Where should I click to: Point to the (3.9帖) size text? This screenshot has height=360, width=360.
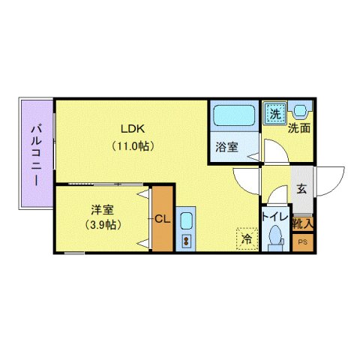(x=102, y=225)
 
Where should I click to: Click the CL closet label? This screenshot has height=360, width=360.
(x=163, y=218)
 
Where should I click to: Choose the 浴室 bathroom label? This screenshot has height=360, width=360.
(x=226, y=148)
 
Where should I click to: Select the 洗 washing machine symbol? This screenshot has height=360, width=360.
(x=274, y=115)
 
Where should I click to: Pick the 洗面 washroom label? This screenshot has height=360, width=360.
(x=300, y=128)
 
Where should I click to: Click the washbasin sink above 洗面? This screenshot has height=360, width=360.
(x=300, y=110)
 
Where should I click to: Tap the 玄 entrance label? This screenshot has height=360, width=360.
(x=300, y=189)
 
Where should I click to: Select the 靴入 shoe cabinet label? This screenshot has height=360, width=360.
(x=303, y=223)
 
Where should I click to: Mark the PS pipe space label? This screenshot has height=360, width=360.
(x=303, y=242)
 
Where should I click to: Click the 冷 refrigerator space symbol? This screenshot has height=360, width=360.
(x=246, y=238)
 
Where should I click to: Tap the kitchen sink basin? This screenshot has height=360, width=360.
(x=185, y=223)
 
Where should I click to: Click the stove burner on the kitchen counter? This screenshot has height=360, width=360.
(x=185, y=241)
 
